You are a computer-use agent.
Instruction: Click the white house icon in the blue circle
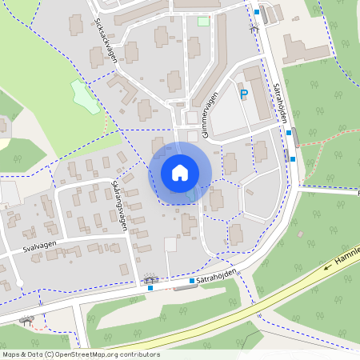point(180,172)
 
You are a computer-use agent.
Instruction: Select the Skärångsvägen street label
point(119,207)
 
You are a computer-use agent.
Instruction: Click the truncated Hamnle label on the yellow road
point(347,255)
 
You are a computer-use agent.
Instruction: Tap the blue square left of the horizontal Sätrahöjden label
point(192,282)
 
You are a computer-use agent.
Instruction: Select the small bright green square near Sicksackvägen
point(203,21)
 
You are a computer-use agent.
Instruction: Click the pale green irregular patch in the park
point(82,94)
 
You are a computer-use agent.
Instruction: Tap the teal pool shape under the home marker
point(190,194)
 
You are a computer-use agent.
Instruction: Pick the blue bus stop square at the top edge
point(257,12)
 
